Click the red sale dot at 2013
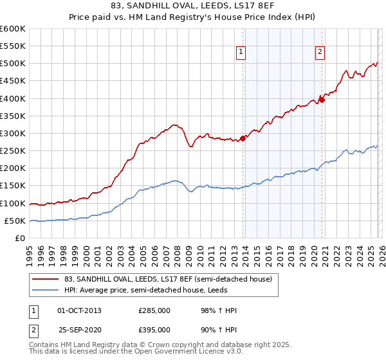(x=243, y=138)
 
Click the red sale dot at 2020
(x=323, y=99)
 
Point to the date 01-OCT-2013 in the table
(x=79, y=310)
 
